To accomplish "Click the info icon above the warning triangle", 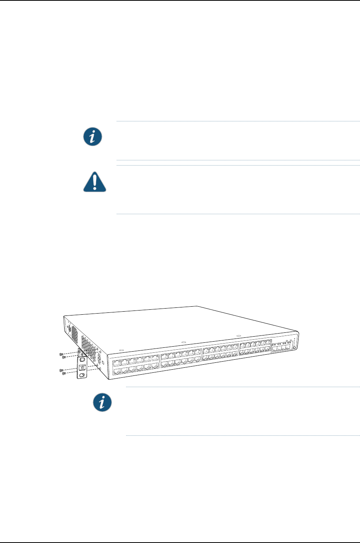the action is click(93, 137).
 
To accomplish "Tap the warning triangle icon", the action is click(95, 182).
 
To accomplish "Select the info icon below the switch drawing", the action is click(102, 402).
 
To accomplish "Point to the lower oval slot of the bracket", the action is click(82, 375).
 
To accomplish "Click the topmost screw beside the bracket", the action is click(61, 354).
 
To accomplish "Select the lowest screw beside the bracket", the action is click(64, 373).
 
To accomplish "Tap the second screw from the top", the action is click(64, 357).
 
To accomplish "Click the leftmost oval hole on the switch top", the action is click(121, 350).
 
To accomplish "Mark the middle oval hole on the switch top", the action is click(183, 342).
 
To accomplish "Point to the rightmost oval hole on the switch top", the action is click(238, 335).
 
